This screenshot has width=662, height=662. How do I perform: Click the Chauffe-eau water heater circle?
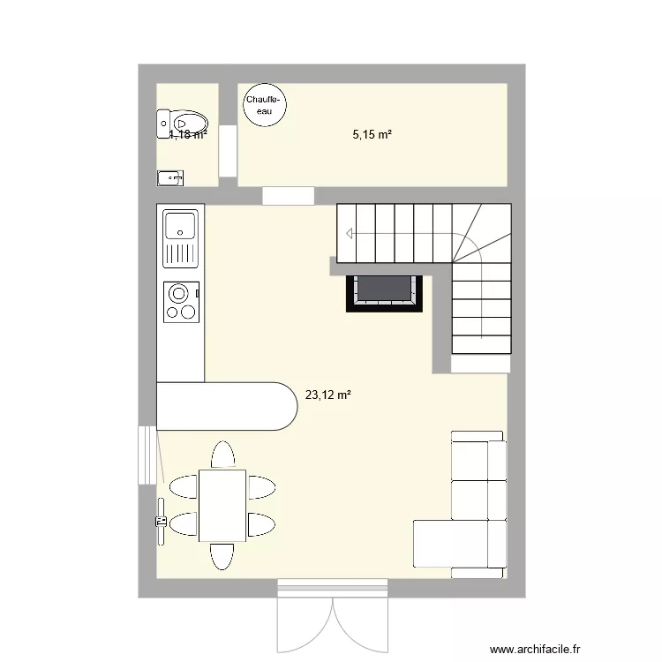(264, 106)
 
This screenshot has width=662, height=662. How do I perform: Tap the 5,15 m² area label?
(372, 135)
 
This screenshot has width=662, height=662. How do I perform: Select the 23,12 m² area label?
(327, 395)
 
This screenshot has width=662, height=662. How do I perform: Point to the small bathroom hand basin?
(169, 177)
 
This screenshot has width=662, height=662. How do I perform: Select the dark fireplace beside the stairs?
(385, 290)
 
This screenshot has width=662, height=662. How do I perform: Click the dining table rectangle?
(222, 505)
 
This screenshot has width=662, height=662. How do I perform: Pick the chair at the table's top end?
(222, 455)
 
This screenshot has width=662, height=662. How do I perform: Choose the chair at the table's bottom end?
(222, 556)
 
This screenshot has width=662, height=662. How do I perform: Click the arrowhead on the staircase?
(350, 234)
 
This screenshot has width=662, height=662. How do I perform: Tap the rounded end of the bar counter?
(282, 406)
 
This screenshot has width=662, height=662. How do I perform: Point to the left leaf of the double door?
(305, 622)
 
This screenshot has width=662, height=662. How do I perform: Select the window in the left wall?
(144, 455)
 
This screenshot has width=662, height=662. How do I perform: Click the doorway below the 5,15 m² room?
(289, 195)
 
